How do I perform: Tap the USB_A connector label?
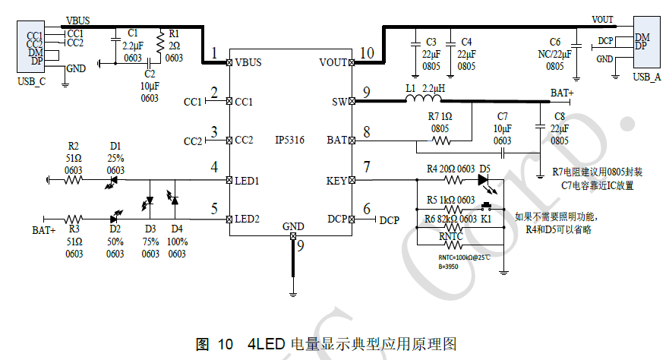646,77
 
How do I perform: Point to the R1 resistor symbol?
160,44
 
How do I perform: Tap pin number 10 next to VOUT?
367,53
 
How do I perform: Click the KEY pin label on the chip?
336,181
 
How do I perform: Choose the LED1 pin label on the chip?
248,181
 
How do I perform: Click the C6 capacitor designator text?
554,41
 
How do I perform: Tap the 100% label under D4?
176,242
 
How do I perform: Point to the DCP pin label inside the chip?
337,219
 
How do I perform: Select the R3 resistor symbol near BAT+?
74,219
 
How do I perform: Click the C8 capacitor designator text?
559,116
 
